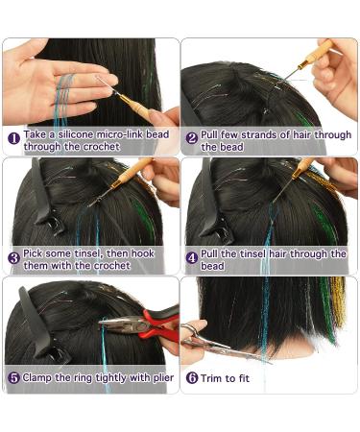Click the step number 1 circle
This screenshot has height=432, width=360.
[14, 138]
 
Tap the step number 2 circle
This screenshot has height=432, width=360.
[192, 138]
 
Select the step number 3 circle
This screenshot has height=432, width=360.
[14, 257]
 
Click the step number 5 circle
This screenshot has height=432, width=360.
[14, 377]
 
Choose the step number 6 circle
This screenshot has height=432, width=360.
[192, 377]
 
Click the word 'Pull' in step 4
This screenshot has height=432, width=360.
[211, 252]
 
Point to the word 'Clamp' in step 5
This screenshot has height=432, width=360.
[42, 377]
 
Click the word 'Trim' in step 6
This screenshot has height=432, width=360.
[213, 377]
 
